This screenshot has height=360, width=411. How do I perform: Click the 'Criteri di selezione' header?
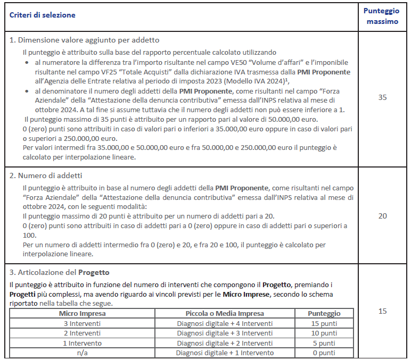click(43, 15)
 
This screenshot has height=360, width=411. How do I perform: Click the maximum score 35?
click(382, 98)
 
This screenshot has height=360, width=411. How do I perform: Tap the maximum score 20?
click(382, 216)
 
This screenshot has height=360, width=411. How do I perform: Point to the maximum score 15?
click(382, 311)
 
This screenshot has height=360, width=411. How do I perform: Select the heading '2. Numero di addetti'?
click(46, 175)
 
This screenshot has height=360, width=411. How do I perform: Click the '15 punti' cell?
click(323, 323)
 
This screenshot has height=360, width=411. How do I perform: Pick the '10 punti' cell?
click(323, 333)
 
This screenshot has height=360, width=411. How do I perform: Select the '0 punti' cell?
click(323, 353)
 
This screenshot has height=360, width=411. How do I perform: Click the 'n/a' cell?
click(81, 353)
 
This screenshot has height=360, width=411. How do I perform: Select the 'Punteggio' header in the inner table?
click(323, 313)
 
